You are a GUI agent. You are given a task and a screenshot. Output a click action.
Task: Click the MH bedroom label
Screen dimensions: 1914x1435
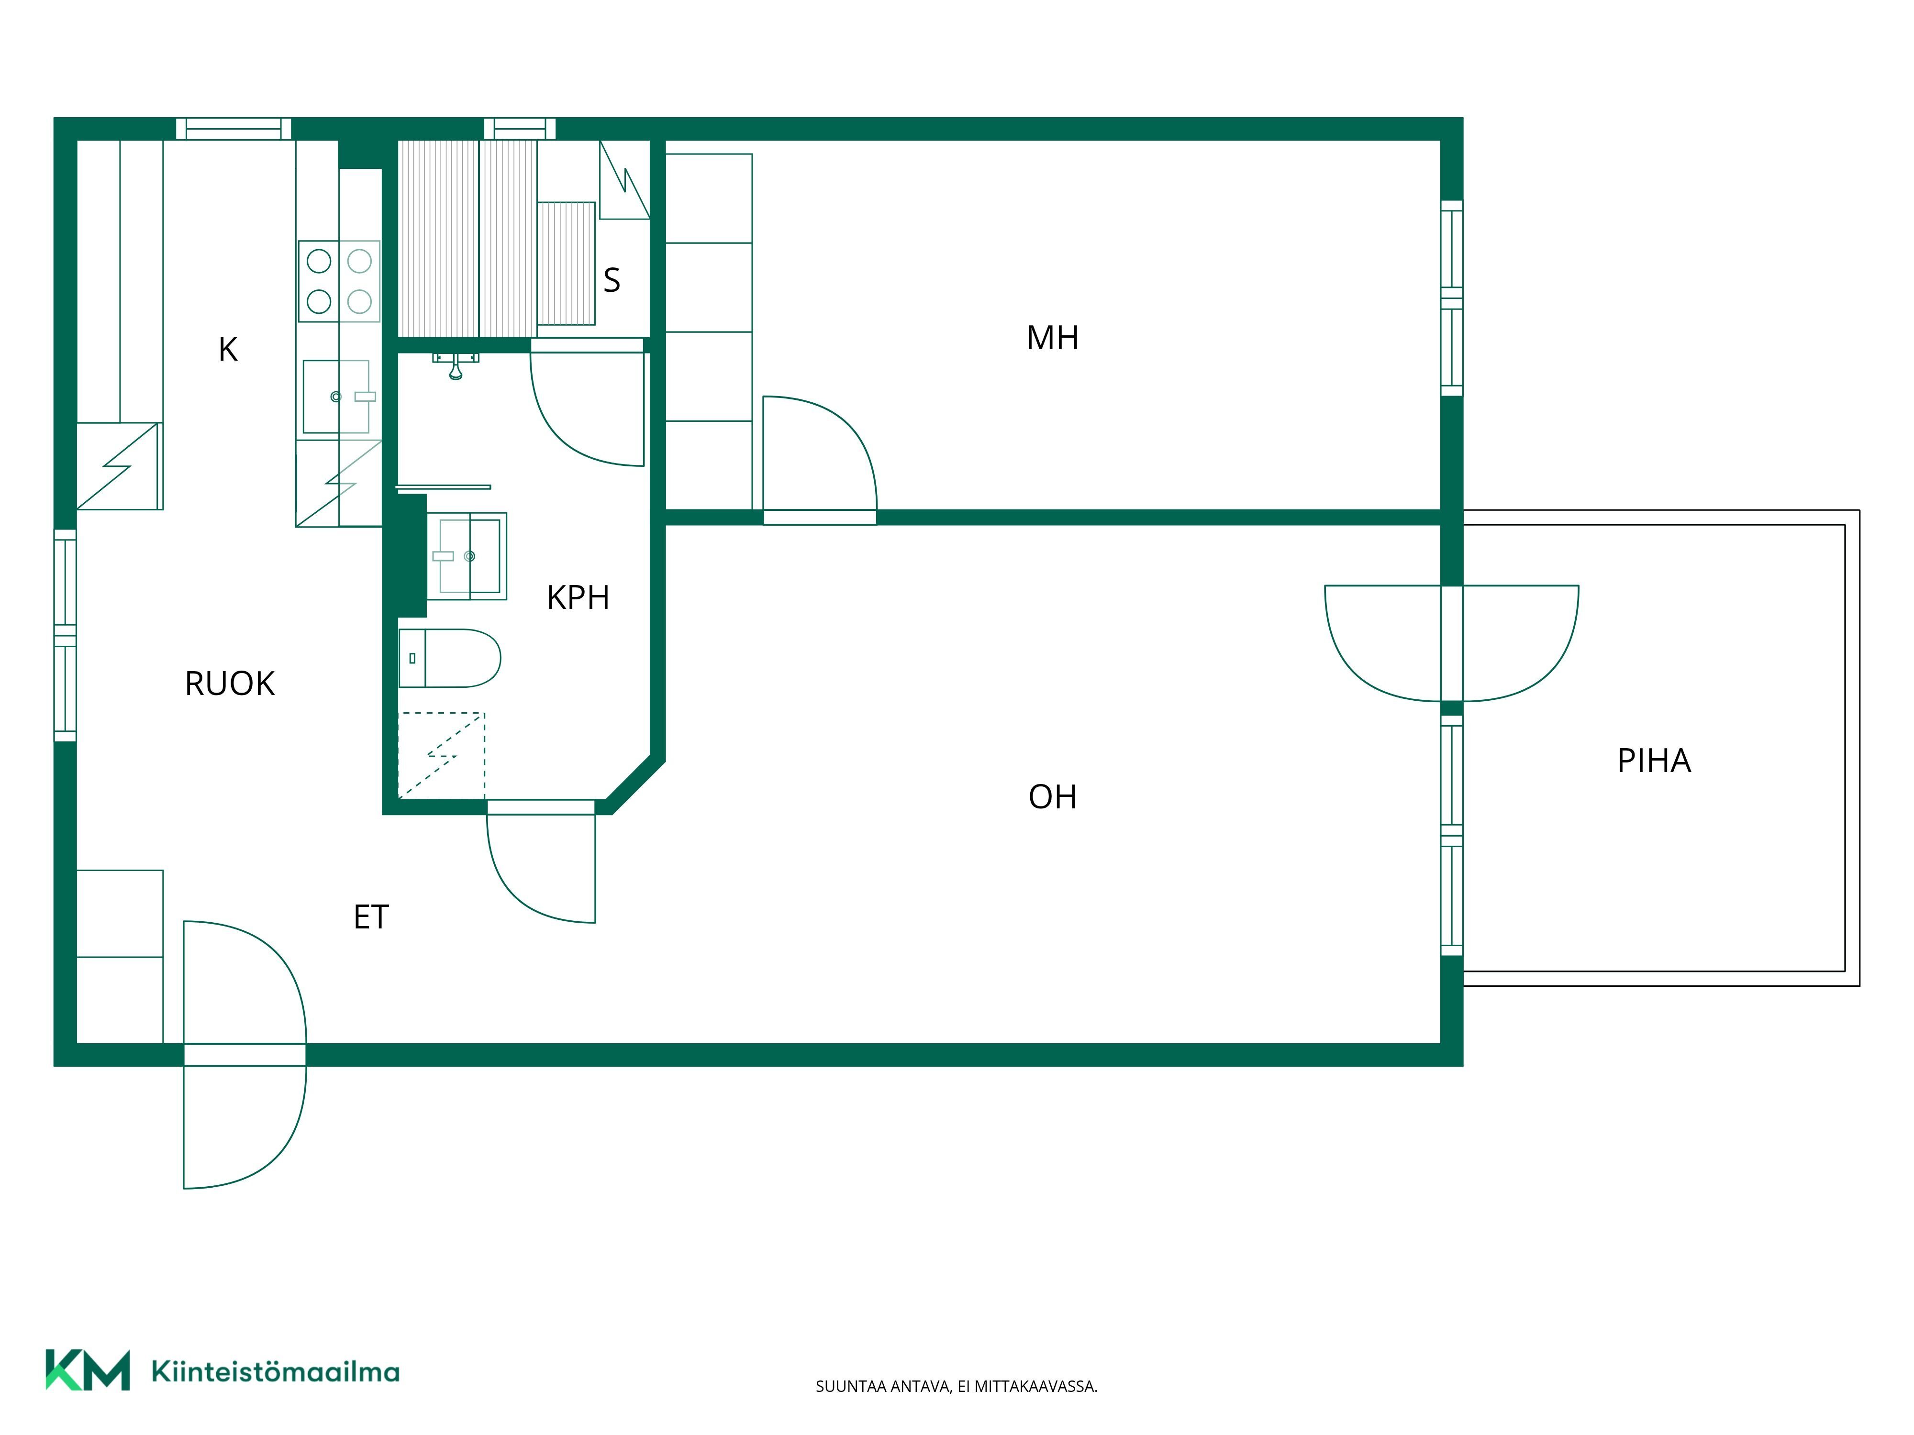[x=1052, y=338]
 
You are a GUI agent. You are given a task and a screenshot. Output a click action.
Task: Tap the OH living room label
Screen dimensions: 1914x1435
[x=1052, y=796]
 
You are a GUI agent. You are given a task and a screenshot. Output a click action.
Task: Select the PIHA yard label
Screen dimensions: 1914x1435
[x=1654, y=761]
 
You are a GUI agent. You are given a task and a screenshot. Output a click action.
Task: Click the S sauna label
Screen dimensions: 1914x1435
[x=612, y=280]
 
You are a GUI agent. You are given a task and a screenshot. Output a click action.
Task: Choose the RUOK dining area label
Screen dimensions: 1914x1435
[x=229, y=684]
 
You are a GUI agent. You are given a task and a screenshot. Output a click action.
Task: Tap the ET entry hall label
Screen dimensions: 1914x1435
[x=371, y=917]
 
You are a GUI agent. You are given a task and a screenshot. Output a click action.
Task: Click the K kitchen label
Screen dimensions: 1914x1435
[x=228, y=350]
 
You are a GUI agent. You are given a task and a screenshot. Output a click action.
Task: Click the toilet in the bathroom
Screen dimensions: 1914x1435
[x=450, y=658]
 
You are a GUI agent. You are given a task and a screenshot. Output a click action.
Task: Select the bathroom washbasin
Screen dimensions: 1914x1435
[x=467, y=556]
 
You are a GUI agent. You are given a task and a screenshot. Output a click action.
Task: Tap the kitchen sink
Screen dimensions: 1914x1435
[x=336, y=396]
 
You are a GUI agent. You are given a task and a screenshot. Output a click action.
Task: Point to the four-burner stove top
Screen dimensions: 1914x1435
[x=339, y=281]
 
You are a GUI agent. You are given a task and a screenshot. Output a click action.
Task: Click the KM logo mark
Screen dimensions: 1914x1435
[x=88, y=1369]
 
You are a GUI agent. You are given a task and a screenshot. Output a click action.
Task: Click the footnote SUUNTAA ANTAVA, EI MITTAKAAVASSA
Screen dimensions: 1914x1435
[x=956, y=1387]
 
